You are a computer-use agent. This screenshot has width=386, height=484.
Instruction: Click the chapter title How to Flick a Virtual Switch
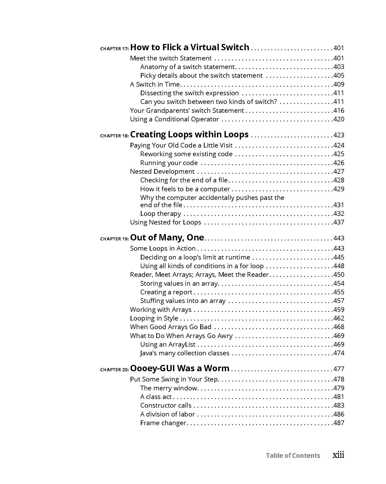(189, 47)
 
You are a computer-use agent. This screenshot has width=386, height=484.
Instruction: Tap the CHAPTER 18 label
(114, 136)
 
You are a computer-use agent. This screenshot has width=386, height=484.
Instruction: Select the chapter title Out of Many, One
(167, 238)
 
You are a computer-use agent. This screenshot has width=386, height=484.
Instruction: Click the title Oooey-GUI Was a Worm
(180, 368)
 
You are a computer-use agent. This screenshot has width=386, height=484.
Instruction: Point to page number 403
(339, 67)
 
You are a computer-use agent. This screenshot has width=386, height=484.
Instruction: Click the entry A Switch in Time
(155, 84)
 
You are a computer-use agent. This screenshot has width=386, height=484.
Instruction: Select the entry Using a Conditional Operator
(174, 119)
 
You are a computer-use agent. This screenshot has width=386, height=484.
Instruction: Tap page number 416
(339, 111)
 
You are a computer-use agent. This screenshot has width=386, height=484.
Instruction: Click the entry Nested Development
(162, 172)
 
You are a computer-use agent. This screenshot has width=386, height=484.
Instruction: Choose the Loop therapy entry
(160, 214)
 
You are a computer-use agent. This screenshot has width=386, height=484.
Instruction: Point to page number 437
(339, 222)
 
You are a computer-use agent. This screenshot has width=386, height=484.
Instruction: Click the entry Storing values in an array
(179, 284)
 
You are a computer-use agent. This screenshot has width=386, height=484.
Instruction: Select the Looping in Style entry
(154, 318)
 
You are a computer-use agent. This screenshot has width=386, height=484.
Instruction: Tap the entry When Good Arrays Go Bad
(171, 327)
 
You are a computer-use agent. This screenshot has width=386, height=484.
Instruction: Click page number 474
(339, 353)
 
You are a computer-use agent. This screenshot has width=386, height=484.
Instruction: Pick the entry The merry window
(169, 388)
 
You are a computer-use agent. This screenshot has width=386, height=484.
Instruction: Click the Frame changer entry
(163, 423)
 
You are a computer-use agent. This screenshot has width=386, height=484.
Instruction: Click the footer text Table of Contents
(293, 455)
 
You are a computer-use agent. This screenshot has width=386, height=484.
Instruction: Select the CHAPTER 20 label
(114, 370)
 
